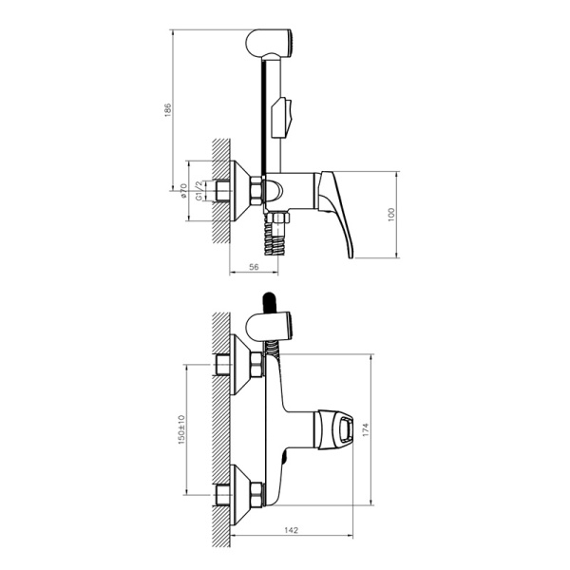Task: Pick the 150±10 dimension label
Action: tap(181, 428)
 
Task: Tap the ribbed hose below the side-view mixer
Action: tap(276, 239)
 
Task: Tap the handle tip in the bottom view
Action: tap(344, 430)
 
